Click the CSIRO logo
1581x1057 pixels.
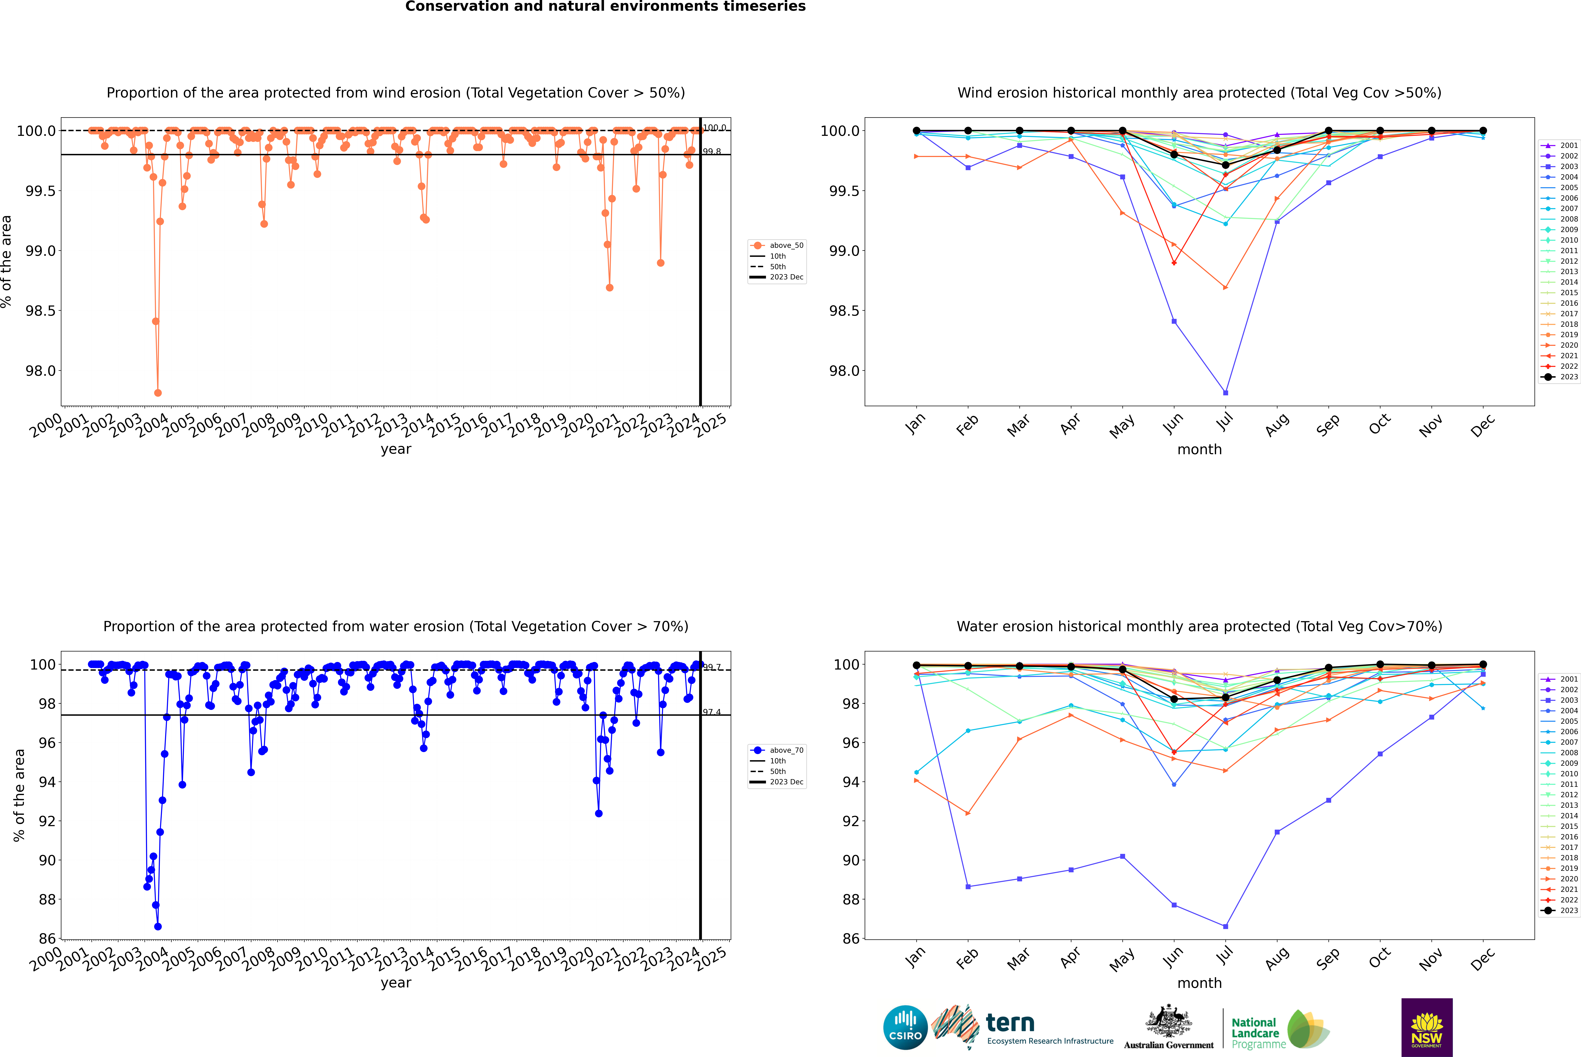coord(905,1027)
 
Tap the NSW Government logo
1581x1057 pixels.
coord(1427,1027)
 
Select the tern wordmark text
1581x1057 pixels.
coord(1010,1023)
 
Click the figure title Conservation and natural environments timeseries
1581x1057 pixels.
coord(605,7)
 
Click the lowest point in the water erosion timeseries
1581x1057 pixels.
coord(158,926)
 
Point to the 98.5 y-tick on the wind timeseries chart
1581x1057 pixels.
coord(40,311)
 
